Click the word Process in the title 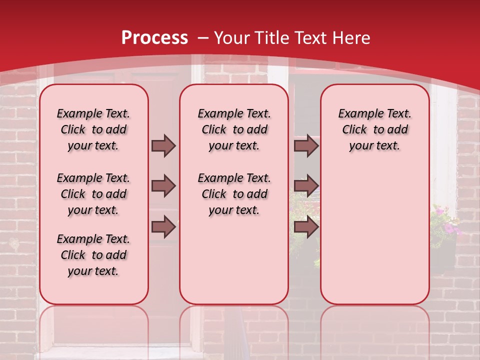154,38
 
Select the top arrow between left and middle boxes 163,145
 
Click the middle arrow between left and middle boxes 163,186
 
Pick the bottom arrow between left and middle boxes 163,227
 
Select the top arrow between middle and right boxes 306,145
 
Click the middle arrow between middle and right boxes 306,186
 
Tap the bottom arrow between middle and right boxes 306,227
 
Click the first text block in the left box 93,129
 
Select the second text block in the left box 93,194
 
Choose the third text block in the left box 93,255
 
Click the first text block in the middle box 234,129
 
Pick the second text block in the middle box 234,194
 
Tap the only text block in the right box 374,129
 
